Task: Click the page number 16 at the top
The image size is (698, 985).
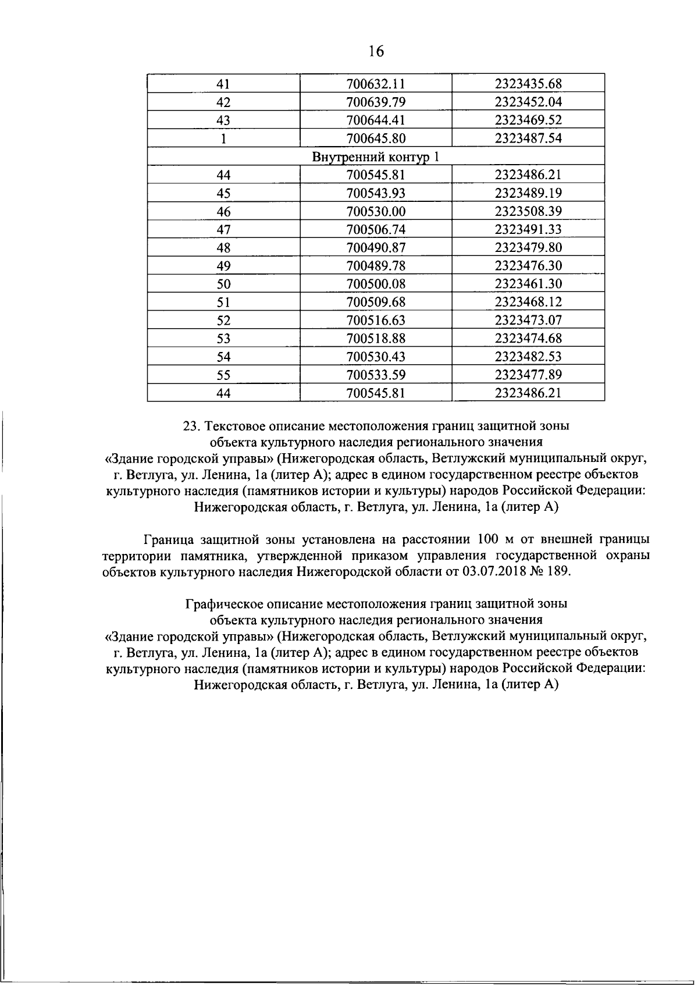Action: click(376, 51)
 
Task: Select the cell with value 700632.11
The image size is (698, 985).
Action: click(375, 84)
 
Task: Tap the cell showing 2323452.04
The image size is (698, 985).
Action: click(528, 102)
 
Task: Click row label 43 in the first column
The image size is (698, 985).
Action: click(223, 120)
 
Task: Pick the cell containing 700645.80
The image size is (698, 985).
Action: click(375, 138)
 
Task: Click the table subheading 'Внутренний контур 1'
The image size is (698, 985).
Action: click(376, 157)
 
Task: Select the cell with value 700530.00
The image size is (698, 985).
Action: click(375, 211)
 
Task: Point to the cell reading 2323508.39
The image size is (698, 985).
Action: click(528, 211)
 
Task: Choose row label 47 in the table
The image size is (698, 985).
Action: click(223, 229)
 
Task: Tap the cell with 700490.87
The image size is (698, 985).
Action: click(375, 248)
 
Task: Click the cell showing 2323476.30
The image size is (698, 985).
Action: click(528, 266)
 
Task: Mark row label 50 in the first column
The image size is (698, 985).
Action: click(223, 284)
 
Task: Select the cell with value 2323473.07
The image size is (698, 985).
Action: click(528, 320)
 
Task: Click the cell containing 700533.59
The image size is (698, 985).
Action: click(375, 375)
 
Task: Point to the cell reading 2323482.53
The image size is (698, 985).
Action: click(528, 357)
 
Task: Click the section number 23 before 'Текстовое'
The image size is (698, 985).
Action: click(190, 426)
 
